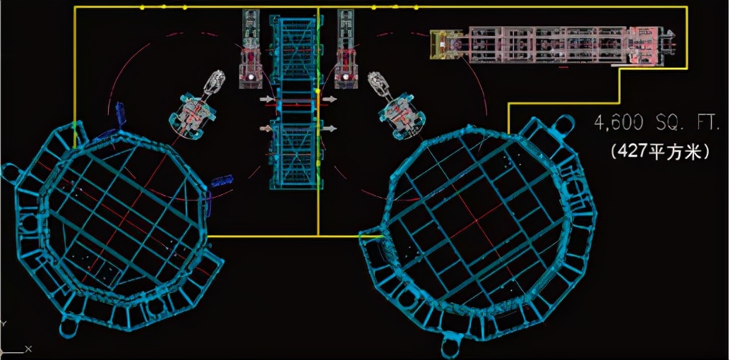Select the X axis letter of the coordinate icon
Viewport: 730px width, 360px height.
[x=28, y=349]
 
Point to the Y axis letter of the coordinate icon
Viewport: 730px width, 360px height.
[x=3, y=323]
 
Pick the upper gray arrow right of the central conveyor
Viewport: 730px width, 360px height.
[x=330, y=99]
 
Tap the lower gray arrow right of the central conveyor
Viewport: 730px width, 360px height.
[x=330, y=128]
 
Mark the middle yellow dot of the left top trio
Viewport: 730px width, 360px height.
[x=164, y=7]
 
